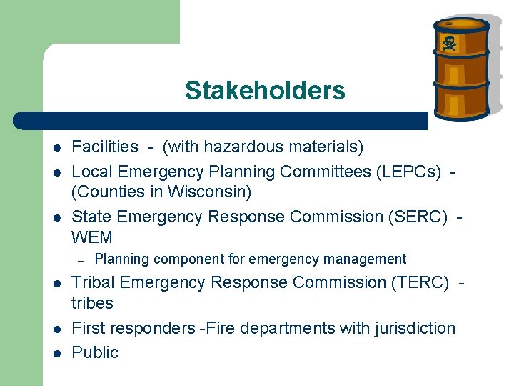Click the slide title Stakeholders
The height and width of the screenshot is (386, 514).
pyautogui.click(x=264, y=91)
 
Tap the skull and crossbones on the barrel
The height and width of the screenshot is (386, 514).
pyautogui.click(x=449, y=44)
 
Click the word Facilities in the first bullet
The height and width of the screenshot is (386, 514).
pyautogui.click(x=105, y=147)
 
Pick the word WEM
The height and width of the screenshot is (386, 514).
pyautogui.click(x=92, y=237)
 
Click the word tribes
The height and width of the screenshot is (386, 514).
pyautogui.click(x=92, y=303)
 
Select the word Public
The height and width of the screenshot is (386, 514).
pyautogui.click(x=95, y=352)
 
